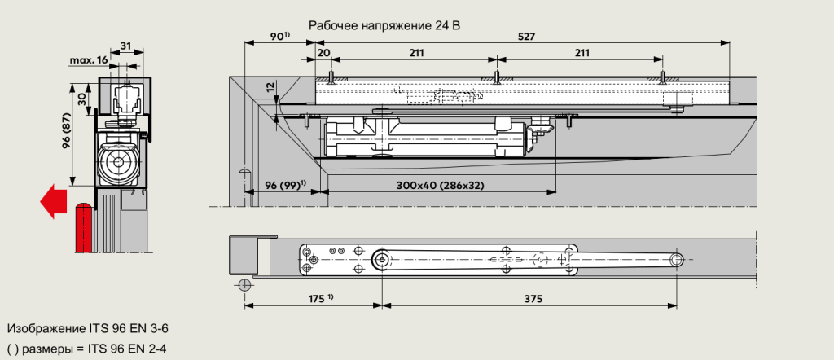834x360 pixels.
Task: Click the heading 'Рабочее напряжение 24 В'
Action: (x=384, y=25)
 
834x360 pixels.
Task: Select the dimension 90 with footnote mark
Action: (x=279, y=37)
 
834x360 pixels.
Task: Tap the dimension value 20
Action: (x=324, y=53)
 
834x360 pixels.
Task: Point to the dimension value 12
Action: (x=270, y=86)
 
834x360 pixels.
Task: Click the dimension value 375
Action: (x=533, y=298)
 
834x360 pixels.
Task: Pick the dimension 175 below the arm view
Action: (x=318, y=298)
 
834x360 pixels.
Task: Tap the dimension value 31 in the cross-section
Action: (x=125, y=45)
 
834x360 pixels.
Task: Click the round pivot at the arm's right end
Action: (x=676, y=259)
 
